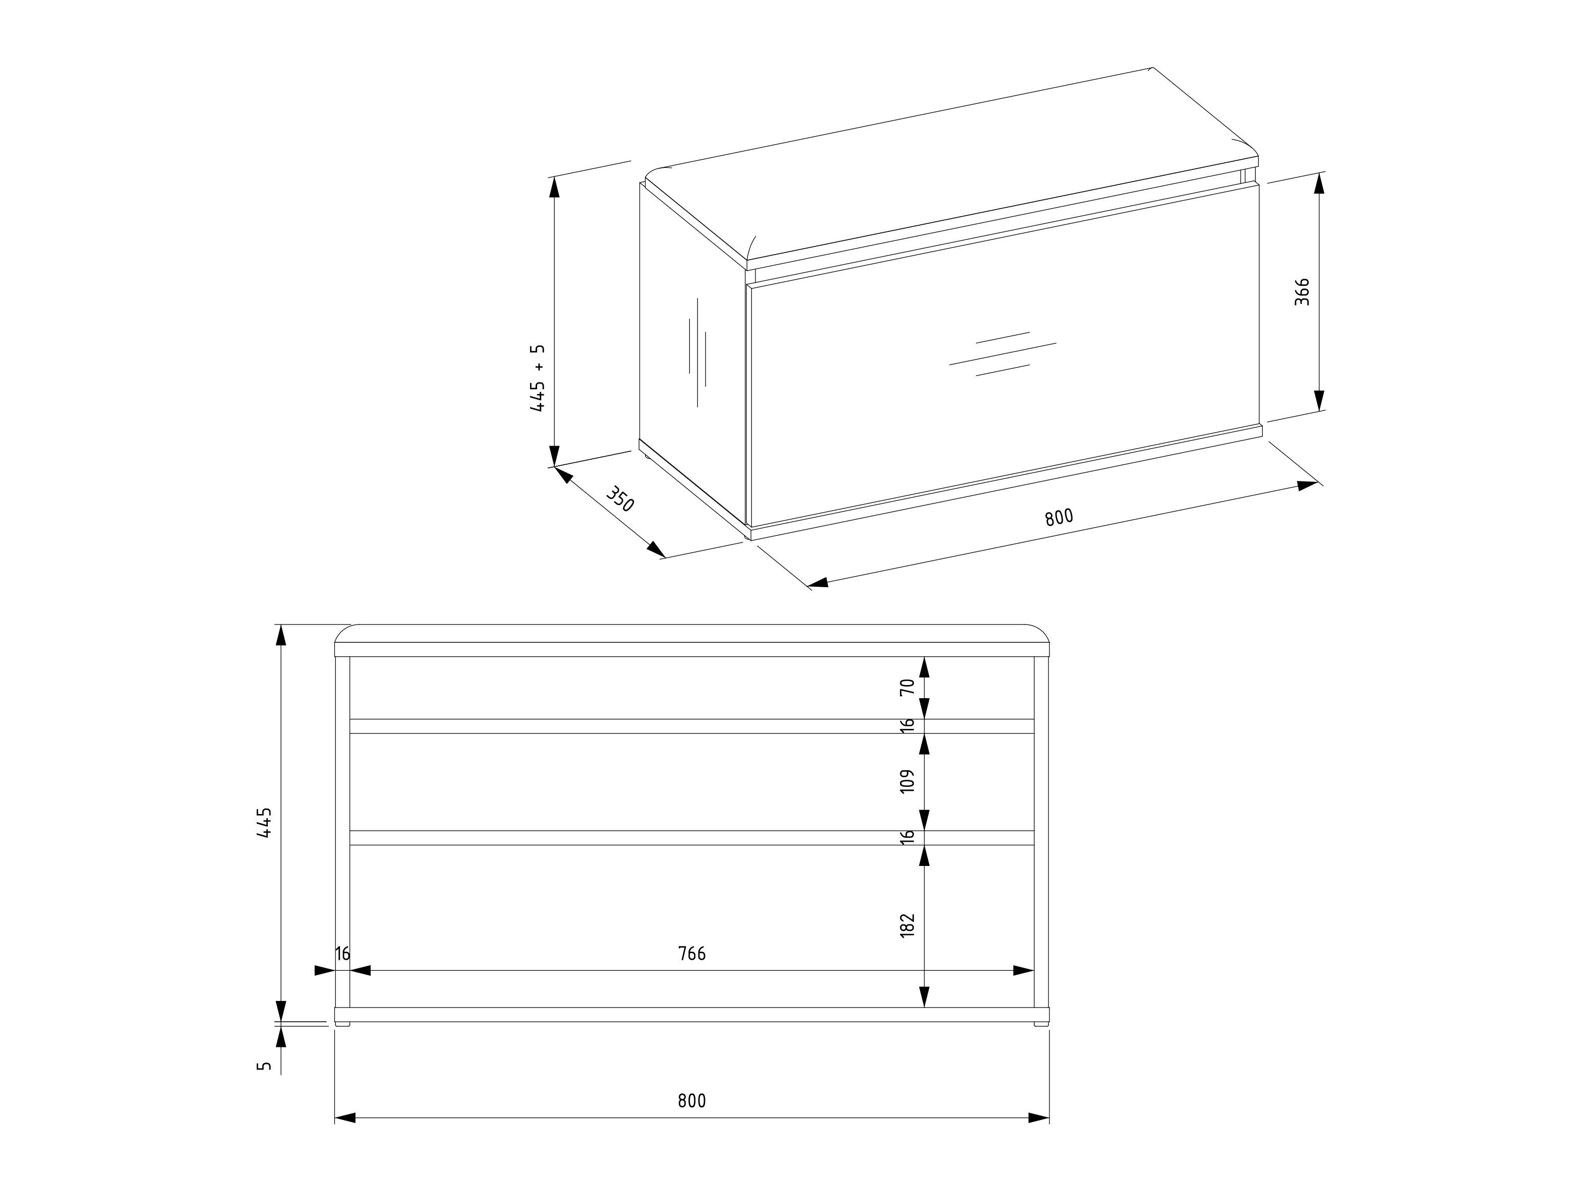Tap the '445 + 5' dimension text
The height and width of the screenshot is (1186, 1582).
click(x=537, y=378)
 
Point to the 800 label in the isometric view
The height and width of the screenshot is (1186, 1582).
click(x=1059, y=517)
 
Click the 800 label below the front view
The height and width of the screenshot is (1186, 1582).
click(x=691, y=1101)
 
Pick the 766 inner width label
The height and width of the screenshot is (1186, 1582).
click(x=691, y=954)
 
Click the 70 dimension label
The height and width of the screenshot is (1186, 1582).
click(x=907, y=687)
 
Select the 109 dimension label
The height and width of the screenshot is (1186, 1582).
click(x=907, y=781)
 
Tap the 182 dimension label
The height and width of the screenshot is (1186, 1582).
click(x=907, y=925)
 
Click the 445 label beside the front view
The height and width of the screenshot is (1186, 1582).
click(x=265, y=823)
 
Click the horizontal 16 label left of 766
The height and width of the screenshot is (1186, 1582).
click(x=342, y=954)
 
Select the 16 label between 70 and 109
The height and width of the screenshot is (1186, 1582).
click(x=907, y=726)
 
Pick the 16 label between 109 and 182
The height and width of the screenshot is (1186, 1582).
click(x=907, y=837)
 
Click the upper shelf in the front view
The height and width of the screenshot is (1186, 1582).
click(x=691, y=726)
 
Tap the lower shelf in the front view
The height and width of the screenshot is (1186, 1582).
click(x=691, y=838)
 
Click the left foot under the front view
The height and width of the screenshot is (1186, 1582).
click(x=343, y=1024)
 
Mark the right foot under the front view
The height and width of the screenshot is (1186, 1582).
click(x=1040, y=1024)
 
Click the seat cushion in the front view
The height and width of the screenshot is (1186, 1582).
click(x=691, y=634)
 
